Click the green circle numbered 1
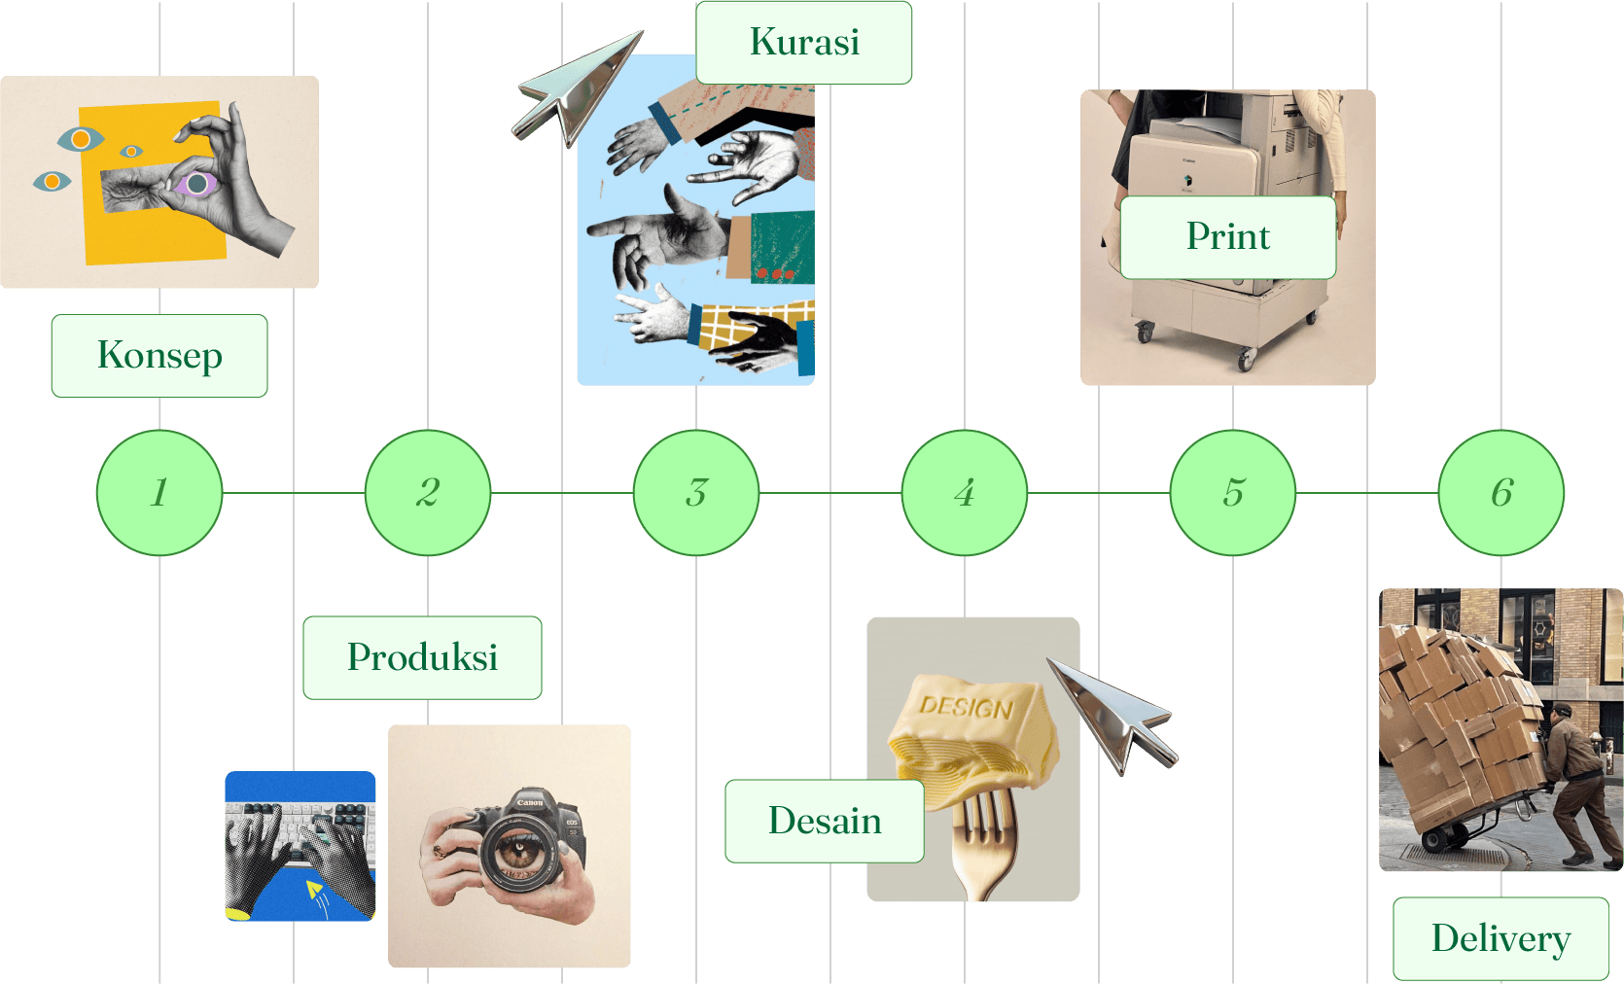click(159, 493)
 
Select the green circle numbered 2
click(428, 493)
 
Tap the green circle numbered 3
click(696, 493)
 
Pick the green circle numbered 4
click(965, 493)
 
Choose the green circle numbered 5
click(1233, 493)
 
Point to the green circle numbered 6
click(1501, 493)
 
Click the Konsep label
click(159, 356)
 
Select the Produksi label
click(422, 658)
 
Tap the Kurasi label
click(804, 43)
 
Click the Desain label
click(825, 822)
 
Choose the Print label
click(1228, 237)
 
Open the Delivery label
click(1500, 939)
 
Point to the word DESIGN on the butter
click(966, 706)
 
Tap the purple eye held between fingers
click(196, 184)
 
